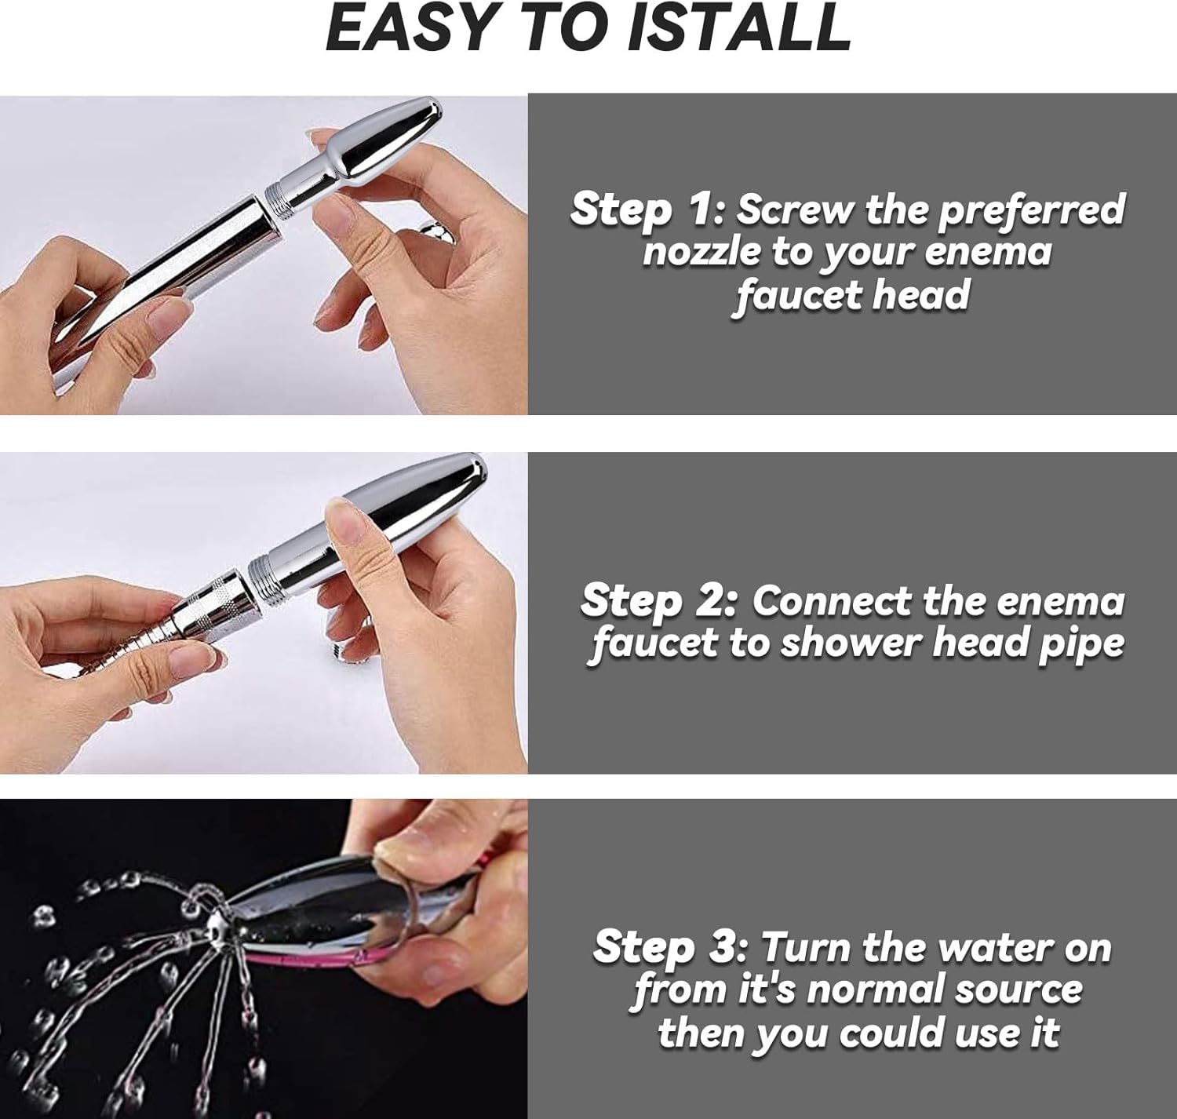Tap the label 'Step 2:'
pyautogui.click(x=659, y=603)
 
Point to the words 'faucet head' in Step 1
pyautogui.click(x=850, y=296)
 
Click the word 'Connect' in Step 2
pyautogui.click(x=834, y=602)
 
